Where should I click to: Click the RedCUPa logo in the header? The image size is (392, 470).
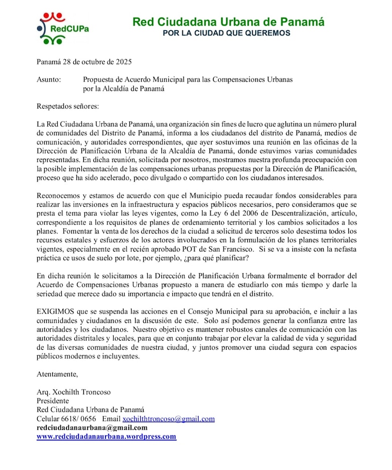pyautogui.click(x=63, y=28)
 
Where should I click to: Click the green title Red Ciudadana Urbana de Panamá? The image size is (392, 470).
pyautogui.click(x=228, y=22)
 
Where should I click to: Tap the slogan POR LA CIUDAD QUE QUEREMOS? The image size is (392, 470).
pyautogui.click(x=228, y=33)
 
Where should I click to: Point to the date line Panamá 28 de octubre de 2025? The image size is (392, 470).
pyautogui.click(x=84, y=62)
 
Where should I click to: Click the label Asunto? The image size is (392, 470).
pyautogui.click(x=49, y=80)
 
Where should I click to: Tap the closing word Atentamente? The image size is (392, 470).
pyautogui.click(x=57, y=374)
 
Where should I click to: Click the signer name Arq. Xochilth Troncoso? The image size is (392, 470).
pyautogui.click(x=73, y=392)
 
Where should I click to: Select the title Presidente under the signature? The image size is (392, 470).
pyautogui.click(x=53, y=401)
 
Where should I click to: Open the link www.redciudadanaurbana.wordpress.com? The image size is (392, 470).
pyautogui.click(x=107, y=437)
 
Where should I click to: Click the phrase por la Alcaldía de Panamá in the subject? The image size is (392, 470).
pyautogui.click(x=124, y=89)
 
